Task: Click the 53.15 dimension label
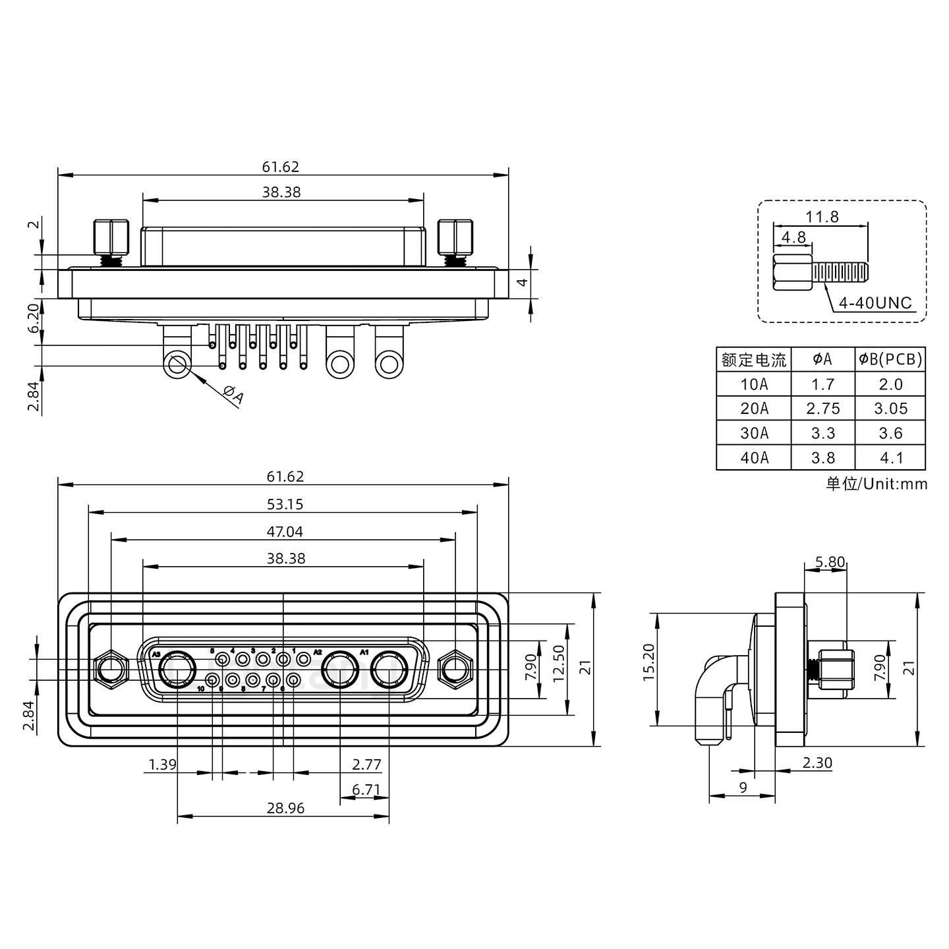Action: (285, 504)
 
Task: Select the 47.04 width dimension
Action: (285, 531)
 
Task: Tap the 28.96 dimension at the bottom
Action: (285, 808)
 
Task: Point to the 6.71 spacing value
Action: (366, 790)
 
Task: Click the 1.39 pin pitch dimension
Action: (162, 764)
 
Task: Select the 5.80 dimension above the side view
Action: (830, 562)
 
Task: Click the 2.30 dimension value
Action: (817, 762)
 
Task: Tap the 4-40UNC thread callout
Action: (875, 302)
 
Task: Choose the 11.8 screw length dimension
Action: (822, 216)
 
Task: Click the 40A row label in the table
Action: (754, 457)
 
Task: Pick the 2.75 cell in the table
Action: (823, 409)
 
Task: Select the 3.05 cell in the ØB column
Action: (890, 409)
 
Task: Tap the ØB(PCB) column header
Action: (890, 359)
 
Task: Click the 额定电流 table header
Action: (754, 360)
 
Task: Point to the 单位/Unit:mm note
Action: (877, 484)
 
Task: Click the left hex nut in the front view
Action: (111, 670)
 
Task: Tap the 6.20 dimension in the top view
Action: (34, 322)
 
